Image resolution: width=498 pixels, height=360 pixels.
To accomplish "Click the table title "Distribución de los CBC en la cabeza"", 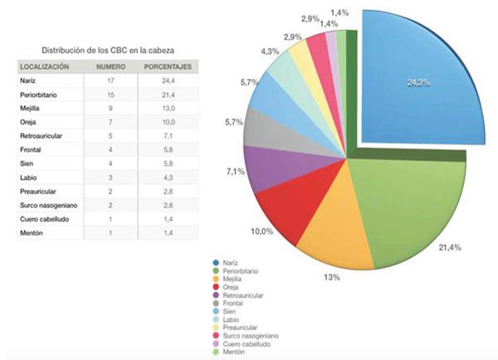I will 106,51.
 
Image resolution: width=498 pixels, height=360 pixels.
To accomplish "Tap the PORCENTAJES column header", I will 168,66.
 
